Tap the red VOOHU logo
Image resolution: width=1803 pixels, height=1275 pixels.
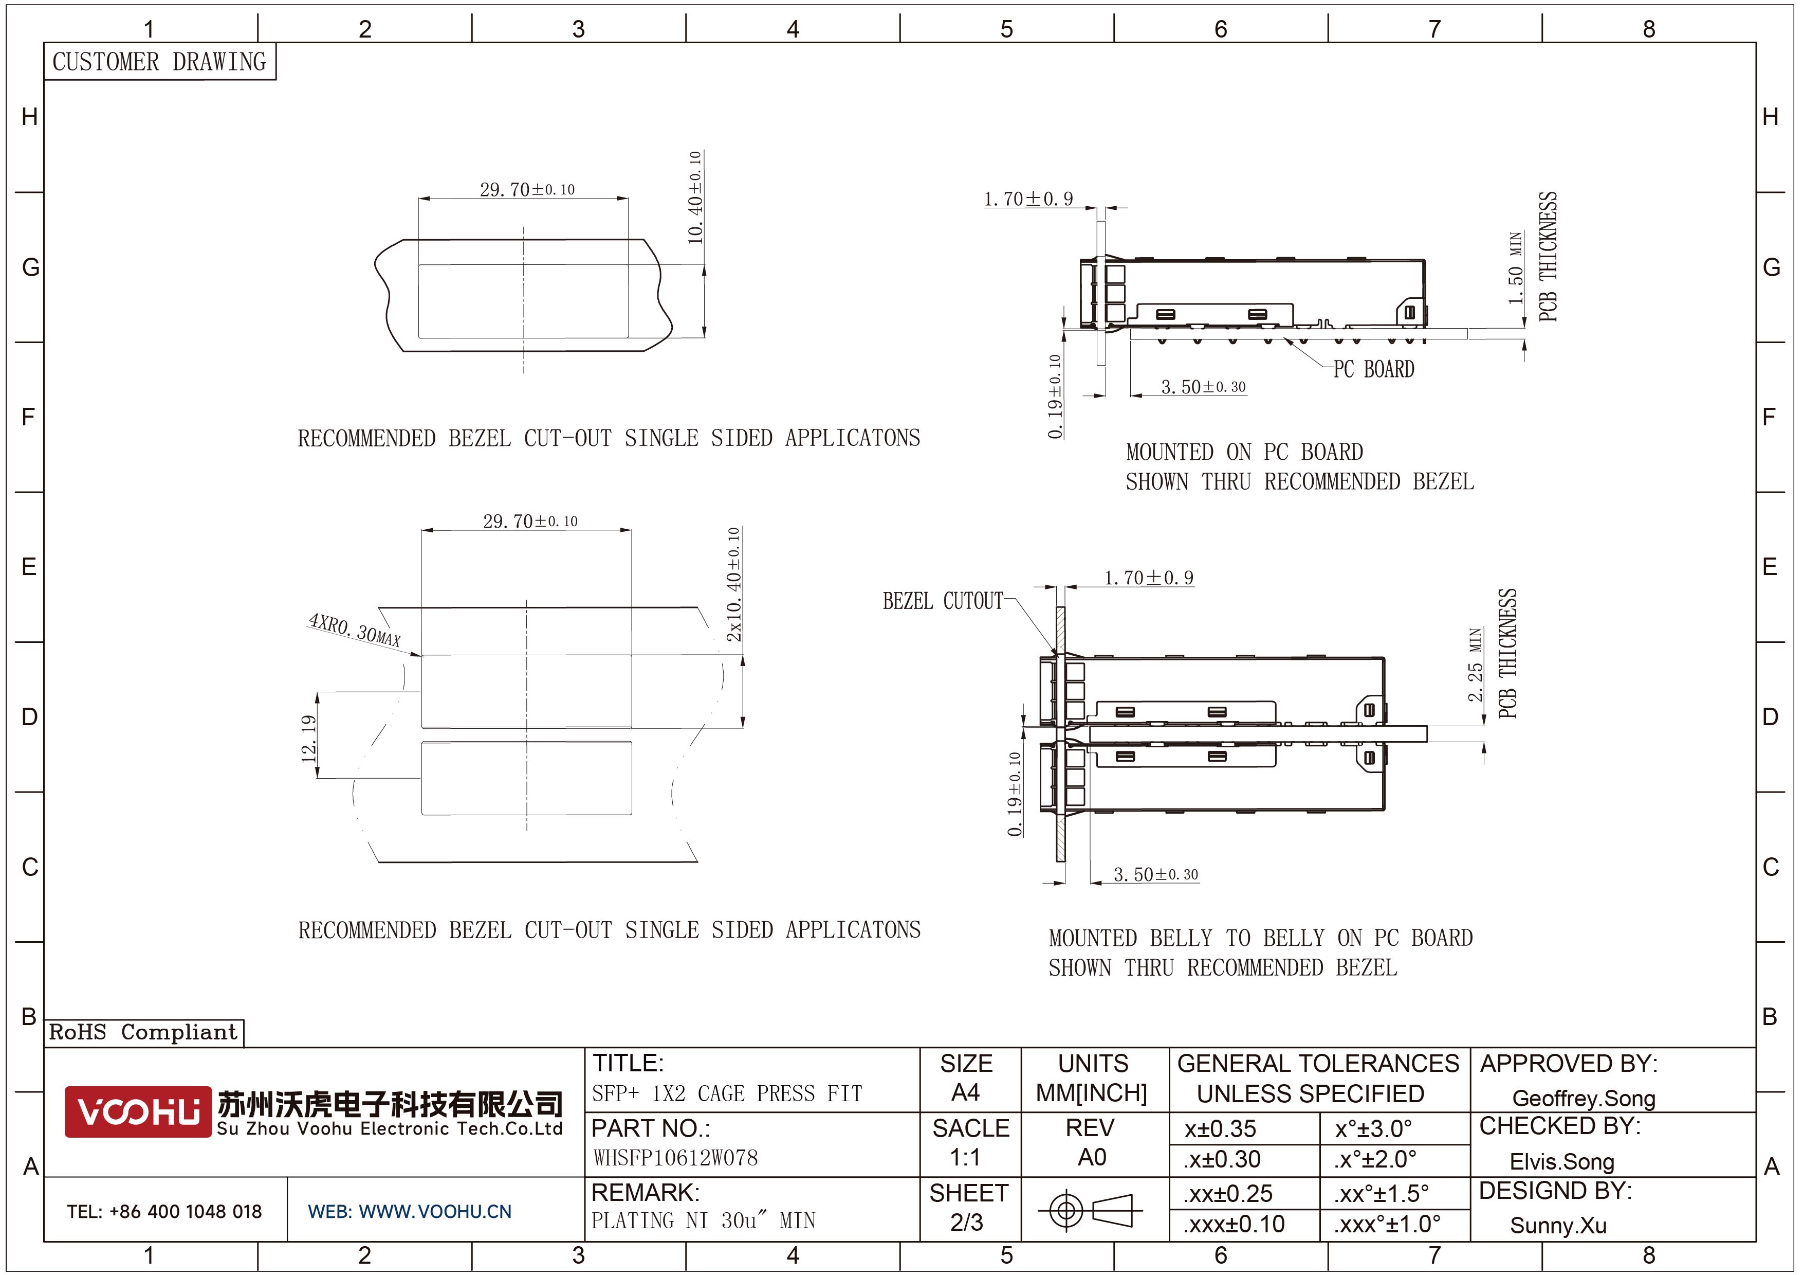(137, 1111)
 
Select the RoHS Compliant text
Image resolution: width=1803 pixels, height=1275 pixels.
(143, 1032)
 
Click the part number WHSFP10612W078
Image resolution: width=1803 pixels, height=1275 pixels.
(675, 1158)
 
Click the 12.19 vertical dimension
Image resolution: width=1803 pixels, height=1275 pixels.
(308, 739)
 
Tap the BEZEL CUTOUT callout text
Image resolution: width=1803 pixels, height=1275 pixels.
(943, 601)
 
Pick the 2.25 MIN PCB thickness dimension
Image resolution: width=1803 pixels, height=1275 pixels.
(1476, 665)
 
